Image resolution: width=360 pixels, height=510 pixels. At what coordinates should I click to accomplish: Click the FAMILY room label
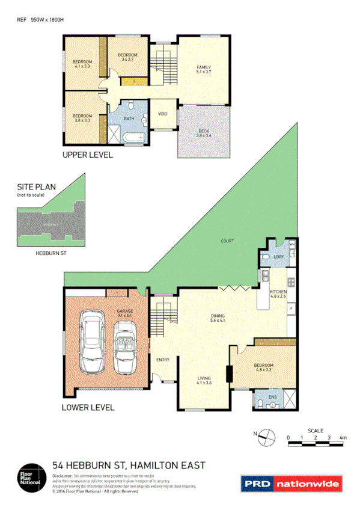[x=204, y=69]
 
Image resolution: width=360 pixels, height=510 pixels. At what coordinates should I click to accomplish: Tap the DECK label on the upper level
[x=204, y=133]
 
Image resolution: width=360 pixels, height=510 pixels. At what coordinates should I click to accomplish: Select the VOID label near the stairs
[x=162, y=114]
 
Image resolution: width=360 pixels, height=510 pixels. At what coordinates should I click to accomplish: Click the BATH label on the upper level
[x=129, y=118]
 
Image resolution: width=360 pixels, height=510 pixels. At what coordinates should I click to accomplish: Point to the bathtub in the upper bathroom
[x=133, y=138]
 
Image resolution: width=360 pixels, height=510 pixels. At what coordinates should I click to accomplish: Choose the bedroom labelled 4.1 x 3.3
[x=82, y=64]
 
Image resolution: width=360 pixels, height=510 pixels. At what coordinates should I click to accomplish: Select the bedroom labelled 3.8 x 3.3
[x=82, y=118]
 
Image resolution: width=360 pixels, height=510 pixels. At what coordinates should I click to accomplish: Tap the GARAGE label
[x=125, y=313]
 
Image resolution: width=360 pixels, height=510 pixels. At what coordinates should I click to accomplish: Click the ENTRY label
[x=162, y=360]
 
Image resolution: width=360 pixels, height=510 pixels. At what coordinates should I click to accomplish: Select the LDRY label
[x=278, y=257]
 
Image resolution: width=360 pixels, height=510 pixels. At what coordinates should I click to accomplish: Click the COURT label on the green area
[x=227, y=241]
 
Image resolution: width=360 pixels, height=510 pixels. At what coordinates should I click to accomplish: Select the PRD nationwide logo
[x=291, y=482]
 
